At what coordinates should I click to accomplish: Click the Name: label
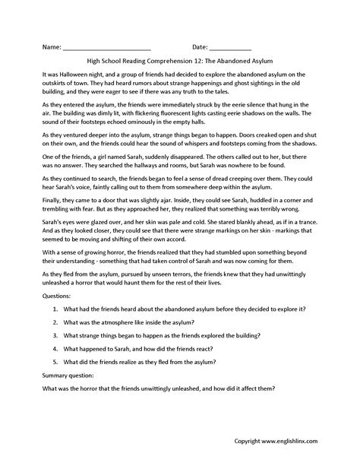pos(51,47)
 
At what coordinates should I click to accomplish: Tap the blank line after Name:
pos(107,49)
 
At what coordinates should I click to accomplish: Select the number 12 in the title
pos(207,63)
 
